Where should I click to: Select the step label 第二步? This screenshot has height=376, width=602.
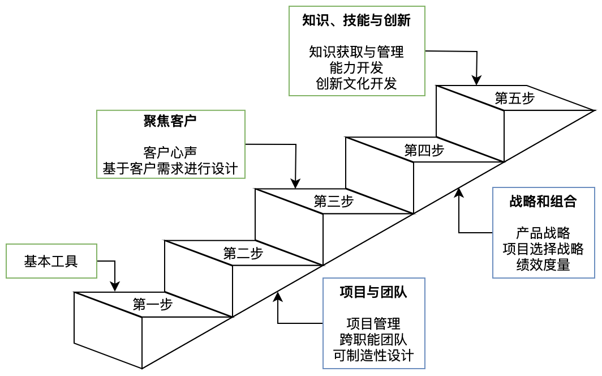243,253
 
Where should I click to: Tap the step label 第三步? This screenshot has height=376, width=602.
334,201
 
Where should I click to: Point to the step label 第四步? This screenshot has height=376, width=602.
424,150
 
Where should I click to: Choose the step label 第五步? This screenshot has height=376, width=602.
515,98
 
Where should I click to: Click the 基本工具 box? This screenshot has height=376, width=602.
51,261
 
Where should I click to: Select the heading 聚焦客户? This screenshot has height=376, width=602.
170,121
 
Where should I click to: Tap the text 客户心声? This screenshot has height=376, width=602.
170,153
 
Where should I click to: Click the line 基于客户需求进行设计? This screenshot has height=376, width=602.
170,169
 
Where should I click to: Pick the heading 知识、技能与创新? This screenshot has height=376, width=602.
356,21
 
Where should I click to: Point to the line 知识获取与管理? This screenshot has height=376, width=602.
356,53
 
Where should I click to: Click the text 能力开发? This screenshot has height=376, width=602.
356,68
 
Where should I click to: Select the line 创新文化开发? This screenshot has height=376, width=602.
356,84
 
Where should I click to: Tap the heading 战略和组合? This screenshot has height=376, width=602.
543,202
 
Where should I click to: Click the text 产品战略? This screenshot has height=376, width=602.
543,233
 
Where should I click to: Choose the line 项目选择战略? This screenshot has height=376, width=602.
543,249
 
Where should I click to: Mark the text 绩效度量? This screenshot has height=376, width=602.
543,264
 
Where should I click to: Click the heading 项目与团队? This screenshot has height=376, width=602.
373,292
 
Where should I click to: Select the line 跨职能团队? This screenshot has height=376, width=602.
373,340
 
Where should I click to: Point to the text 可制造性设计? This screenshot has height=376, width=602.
373,356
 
